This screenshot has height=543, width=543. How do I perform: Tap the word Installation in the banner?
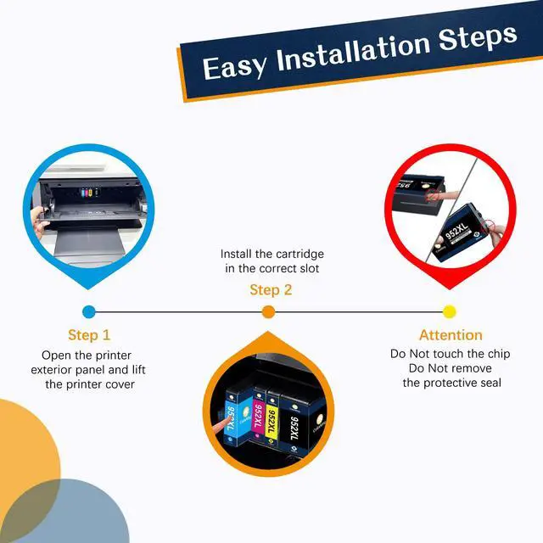353,52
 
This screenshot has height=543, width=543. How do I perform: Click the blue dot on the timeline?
89,311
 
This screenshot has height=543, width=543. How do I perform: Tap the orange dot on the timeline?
268,311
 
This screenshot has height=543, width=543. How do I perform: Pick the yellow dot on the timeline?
449,311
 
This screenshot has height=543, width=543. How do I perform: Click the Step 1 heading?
89,335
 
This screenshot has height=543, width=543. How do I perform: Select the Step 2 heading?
271,290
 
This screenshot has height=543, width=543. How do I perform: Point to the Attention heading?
451,335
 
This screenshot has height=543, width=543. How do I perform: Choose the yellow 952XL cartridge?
272,420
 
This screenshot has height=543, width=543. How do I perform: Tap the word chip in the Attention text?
499,354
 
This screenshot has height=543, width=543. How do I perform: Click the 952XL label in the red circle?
456,230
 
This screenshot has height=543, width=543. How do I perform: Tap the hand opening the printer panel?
39,221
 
